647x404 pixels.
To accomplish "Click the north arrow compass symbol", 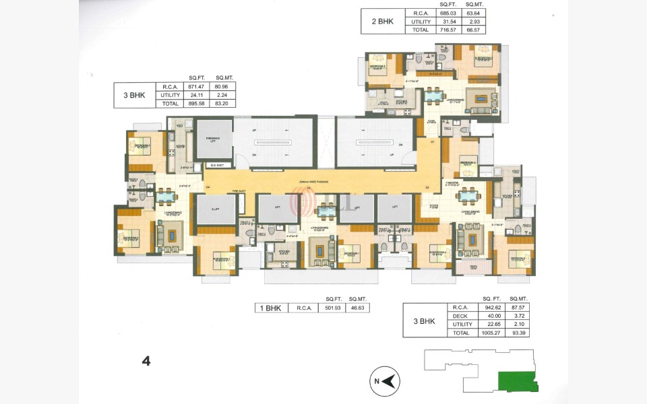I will coord(386,382).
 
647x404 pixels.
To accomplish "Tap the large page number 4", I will coord(146,360).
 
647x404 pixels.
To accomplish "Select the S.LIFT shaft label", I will coord(215,209).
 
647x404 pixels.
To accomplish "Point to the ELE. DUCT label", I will coord(218,165).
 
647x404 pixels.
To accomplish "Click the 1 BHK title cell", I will coord(270,308).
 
